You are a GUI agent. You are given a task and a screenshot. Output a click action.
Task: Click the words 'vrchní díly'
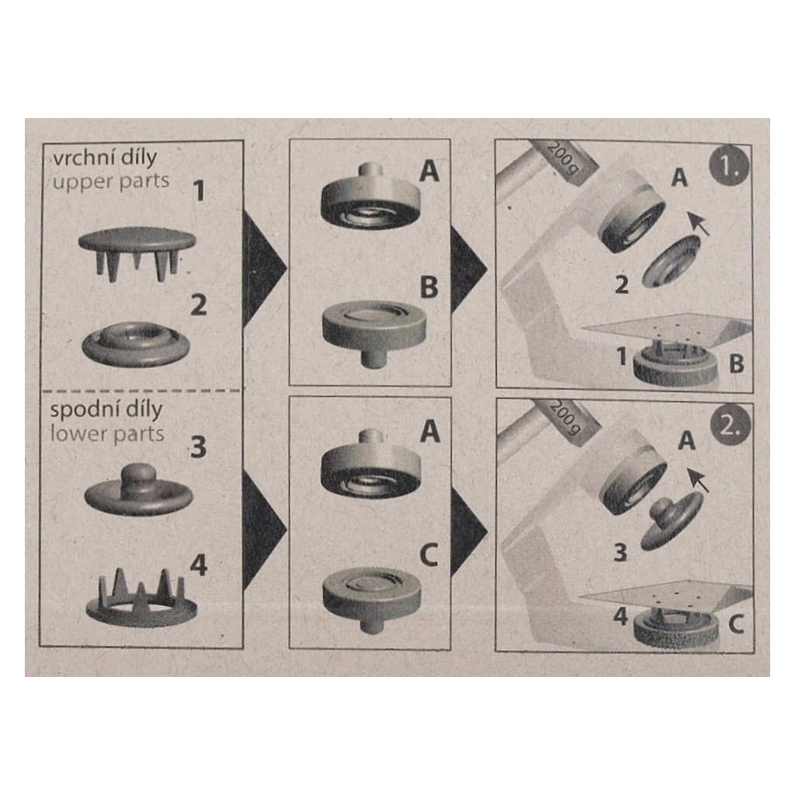pos(105,158)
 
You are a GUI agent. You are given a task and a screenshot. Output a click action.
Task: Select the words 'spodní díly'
pos(106,410)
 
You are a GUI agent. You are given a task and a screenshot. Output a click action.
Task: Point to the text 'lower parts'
pos(107,434)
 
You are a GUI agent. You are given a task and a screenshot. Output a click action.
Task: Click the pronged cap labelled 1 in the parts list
pos(137,253)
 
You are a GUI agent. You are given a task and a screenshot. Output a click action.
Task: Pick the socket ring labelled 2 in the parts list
pos(136,343)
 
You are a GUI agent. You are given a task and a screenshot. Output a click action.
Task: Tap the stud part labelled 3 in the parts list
pos(138,489)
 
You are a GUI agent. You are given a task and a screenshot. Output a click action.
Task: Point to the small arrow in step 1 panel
pos(698,224)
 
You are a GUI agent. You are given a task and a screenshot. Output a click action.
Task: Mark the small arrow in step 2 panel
pos(698,479)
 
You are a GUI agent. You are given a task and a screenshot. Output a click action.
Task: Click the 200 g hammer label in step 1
pos(562,158)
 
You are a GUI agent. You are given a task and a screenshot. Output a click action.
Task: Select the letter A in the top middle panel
pos(429,170)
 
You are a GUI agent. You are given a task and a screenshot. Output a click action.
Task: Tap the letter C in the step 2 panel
pos(736,624)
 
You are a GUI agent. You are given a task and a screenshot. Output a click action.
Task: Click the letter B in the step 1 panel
pos(736,363)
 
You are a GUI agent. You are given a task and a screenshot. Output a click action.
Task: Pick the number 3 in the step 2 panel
pos(620,552)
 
